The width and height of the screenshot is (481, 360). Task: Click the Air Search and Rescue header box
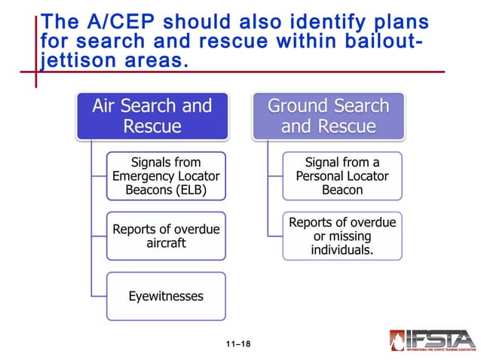(152, 116)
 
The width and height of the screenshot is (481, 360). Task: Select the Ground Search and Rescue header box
(328, 116)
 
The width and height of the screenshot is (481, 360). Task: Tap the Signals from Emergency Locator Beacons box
(166, 175)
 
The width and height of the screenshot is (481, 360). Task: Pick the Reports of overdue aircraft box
(166, 236)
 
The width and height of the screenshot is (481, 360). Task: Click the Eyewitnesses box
(166, 296)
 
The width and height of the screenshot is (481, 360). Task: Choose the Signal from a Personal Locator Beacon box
(342, 175)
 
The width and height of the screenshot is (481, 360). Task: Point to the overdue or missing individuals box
(342, 236)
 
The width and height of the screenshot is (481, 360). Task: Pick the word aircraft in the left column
(166, 244)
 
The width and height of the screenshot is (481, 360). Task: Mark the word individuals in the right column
(342, 249)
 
